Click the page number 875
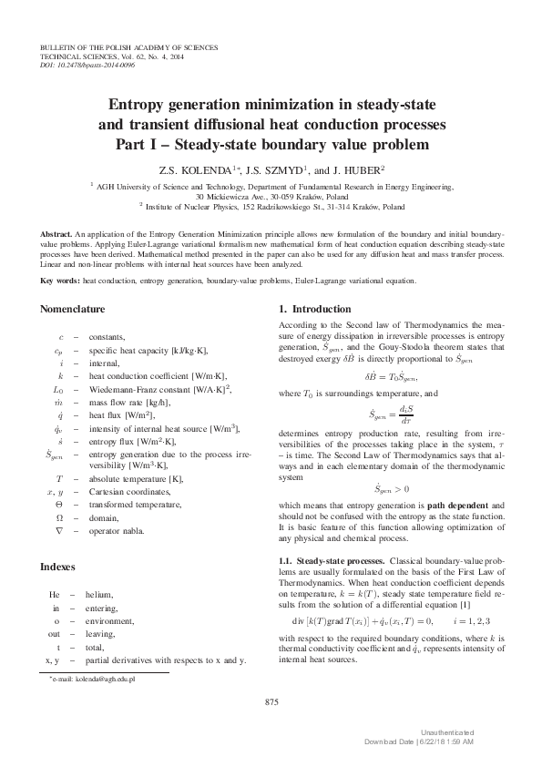point(271,701)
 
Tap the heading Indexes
point(60,566)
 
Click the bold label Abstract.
point(59,235)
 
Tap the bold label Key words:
point(61,281)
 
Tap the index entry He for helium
point(55,594)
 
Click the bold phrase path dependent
point(465,504)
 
